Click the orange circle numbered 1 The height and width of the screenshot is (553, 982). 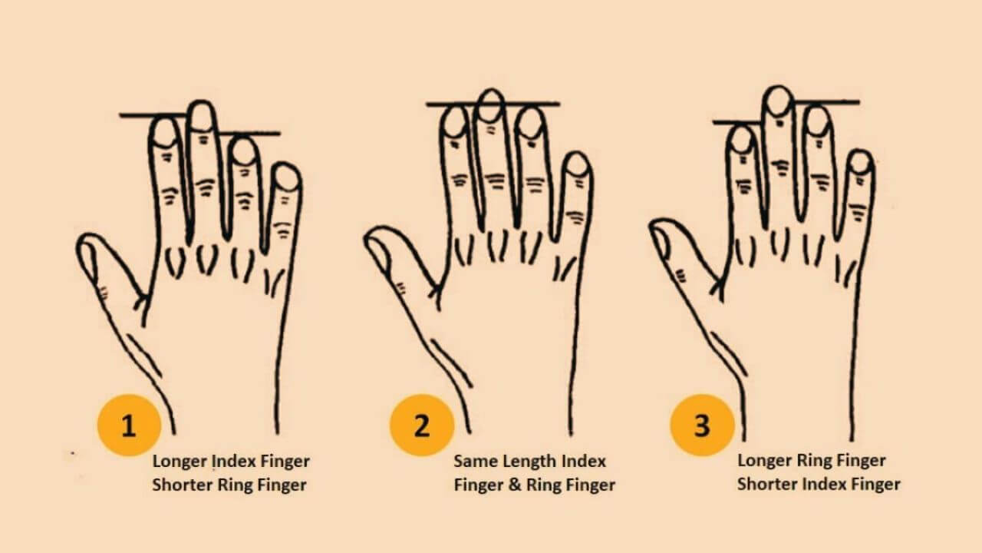pyautogui.click(x=129, y=425)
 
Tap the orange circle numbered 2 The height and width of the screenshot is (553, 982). pyautogui.click(x=421, y=425)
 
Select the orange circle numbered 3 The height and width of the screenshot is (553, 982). pyautogui.click(x=702, y=425)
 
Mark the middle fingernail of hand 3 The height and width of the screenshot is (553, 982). pyautogui.click(x=779, y=101)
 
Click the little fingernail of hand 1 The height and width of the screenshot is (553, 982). pyautogui.click(x=287, y=179)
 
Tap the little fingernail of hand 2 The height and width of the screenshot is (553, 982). pyautogui.click(x=576, y=165)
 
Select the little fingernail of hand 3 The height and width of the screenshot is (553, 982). pyautogui.click(x=861, y=162)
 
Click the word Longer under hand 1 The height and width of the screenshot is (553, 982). pyautogui.click(x=180, y=462)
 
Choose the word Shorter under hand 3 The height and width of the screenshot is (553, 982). pyautogui.click(x=766, y=485)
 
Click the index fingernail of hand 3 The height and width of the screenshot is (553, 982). pyautogui.click(x=741, y=140)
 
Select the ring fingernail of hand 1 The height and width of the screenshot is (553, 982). pyautogui.click(x=244, y=152)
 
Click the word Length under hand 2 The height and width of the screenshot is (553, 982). pyautogui.click(x=530, y=462)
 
